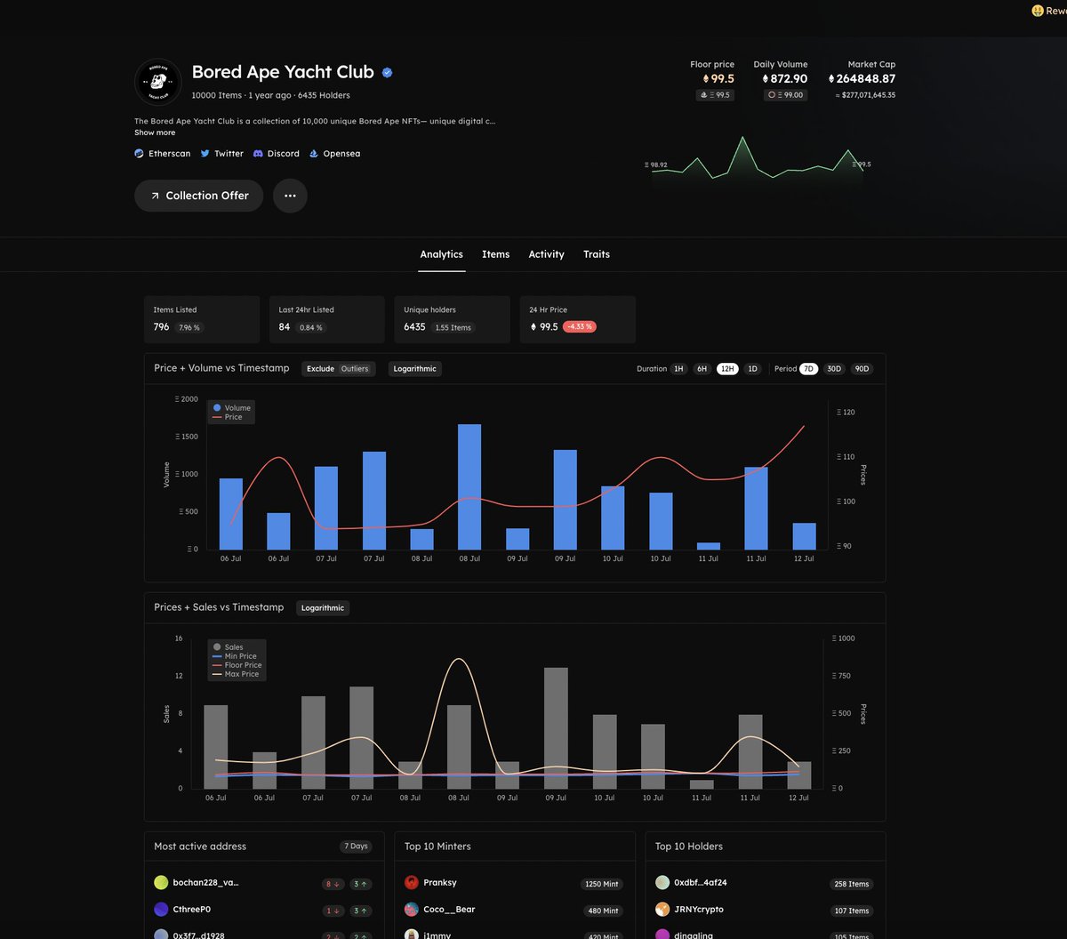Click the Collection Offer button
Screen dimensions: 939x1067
point(198,196)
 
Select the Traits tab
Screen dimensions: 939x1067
point(597,254)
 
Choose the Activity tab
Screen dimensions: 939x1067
point(546,254)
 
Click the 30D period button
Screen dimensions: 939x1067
point(833,369)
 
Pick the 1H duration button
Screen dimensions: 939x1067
point(678,369)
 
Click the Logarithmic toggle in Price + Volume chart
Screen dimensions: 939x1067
point(414,369)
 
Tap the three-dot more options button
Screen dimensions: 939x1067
point(290,196)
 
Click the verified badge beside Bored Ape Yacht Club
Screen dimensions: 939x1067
point(388,73)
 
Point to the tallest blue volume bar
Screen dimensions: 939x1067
point(469,486)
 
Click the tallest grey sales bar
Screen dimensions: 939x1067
point(556,727)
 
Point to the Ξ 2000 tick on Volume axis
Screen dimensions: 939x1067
point(186,399)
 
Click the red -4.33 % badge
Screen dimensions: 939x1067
point(579,327)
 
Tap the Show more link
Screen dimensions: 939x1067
point(155,132)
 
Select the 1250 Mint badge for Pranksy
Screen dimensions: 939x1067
point(601,884)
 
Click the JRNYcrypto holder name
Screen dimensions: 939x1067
point(698,910)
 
